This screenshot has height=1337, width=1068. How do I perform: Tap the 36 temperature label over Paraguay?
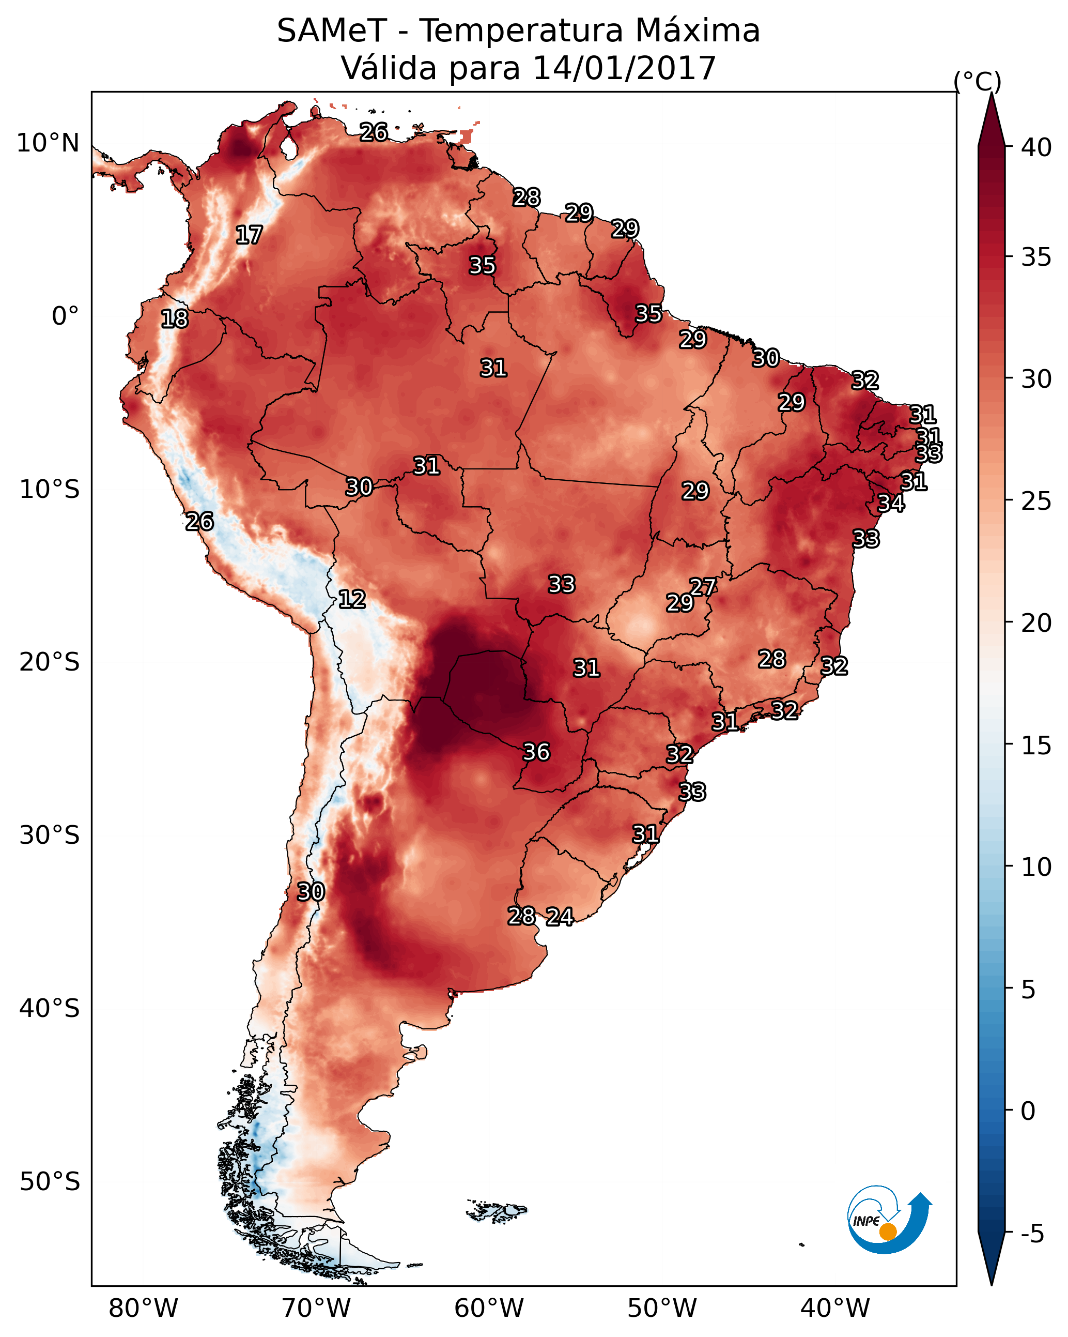[536, 752]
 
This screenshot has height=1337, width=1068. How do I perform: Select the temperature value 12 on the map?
[352, 599]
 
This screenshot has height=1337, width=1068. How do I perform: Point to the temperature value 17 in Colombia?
[249, 235]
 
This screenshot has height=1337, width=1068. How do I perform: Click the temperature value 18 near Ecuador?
[175, 319]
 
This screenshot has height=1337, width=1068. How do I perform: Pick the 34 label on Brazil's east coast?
[891, 504]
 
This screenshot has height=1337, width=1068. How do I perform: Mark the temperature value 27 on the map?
[703, 587]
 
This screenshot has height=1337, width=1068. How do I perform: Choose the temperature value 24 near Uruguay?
[560, 917]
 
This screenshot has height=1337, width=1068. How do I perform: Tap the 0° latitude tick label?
[66, 316]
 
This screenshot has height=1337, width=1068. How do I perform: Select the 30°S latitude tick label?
[50, 835]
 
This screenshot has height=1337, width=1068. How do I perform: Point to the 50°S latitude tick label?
[50, 1181]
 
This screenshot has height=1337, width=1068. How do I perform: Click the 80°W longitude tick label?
[143, 1308]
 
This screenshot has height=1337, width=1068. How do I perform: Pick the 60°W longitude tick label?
[489, 1308]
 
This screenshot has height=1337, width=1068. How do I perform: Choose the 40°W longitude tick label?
[835, 1308]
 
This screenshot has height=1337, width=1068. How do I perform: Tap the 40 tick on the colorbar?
[1036, 147]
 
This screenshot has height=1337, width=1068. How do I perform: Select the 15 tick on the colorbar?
[1036, 746]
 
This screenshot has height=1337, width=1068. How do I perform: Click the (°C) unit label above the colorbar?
[978, 81]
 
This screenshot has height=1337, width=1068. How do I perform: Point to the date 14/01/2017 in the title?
[624, 68]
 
